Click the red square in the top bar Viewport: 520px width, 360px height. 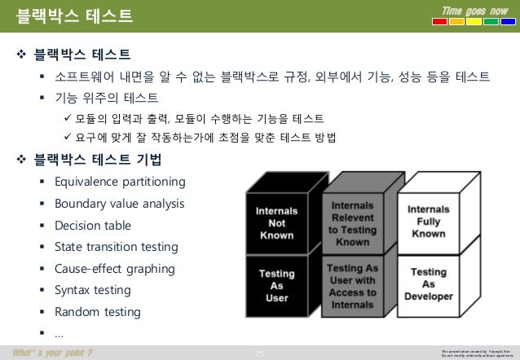pos(439,21)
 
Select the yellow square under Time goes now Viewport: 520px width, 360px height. pos(472,21)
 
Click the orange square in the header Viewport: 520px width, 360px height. pos(456,21)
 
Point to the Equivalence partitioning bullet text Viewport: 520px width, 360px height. pos(120,181)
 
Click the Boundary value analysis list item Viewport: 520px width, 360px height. pos(120,203)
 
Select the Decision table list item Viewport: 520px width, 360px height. pos(92,225)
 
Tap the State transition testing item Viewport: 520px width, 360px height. pos(114,246)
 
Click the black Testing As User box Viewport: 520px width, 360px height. pos(276,285)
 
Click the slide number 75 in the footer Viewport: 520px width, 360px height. pos(260,352)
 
